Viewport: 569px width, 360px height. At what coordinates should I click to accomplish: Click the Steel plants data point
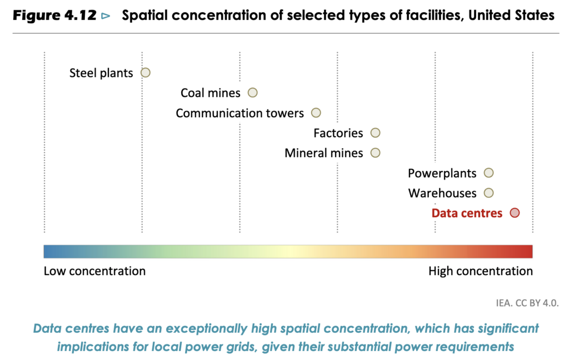coord(146,72)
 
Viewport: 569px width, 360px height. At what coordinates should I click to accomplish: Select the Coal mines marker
coord(252,93)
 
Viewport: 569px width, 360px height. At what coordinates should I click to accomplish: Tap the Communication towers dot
coord(316,113)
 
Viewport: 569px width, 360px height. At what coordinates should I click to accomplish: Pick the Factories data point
coord(375,133)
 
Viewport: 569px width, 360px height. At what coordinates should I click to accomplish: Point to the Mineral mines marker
coord(375,153)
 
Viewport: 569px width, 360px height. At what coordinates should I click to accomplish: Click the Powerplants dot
coord(488,173)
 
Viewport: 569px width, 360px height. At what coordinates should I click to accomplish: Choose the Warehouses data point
coord(488,193)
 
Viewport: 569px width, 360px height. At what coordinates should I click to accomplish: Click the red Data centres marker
coord(515,213)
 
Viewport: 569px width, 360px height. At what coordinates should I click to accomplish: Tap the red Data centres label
coord(467,213)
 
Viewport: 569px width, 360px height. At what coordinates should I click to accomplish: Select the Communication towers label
coord(239,113)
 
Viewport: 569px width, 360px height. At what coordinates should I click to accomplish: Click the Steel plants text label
coord(101,73)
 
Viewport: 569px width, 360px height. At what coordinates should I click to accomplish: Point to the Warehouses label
coord(442,193)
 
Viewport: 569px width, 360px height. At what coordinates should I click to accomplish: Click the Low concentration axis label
coord(94,271)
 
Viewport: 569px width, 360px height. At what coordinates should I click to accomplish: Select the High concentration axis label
coord(480,271)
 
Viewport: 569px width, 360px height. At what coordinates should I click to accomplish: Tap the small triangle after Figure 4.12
coord(106,16)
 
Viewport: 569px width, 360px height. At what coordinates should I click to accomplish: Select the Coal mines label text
coord(211,93)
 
